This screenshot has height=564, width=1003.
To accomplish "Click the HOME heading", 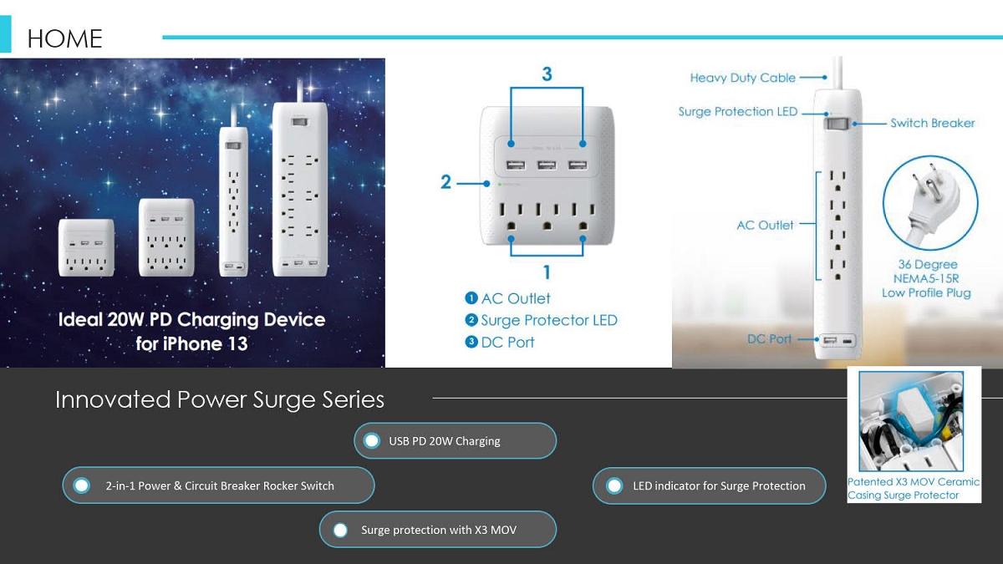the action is [x=64, y=38].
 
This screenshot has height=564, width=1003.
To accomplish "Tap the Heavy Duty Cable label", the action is [x=742, y=78].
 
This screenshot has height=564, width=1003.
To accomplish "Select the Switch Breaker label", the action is [x=932, y=123].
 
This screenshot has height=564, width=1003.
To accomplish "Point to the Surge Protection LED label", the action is [x=737, y=111].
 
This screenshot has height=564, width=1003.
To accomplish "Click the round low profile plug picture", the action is [x=930, y=202].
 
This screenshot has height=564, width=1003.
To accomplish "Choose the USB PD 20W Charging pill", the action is [x=455, y=441].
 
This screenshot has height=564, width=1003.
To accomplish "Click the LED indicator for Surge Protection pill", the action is [x=710, y=485].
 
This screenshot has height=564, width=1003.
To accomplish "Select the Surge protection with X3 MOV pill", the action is [x=438, y=530].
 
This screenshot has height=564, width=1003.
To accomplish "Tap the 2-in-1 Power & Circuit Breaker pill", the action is [x=218, y=485].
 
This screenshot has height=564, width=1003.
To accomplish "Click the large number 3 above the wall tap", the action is [x=547, y=74].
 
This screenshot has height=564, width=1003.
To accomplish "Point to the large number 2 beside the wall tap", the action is [x=445, y=182].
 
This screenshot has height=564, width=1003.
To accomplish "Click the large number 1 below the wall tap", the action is [x=547, y=272].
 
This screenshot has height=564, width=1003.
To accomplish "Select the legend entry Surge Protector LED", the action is [x=542, y=320].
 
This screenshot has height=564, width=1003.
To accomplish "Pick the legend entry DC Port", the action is [x=500, y=342].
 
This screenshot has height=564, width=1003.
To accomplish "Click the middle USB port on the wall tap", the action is [x=547, y=165].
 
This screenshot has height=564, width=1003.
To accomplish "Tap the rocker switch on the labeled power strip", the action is [x=837, y=124].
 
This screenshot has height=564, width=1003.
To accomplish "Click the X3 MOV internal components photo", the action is [x=911, y=421].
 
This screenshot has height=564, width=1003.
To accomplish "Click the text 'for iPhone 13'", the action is [x=191, y=343].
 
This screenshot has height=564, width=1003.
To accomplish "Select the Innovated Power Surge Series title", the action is [x=219, y=399].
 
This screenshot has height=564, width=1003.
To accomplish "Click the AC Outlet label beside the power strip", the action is [x=765, y=225].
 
